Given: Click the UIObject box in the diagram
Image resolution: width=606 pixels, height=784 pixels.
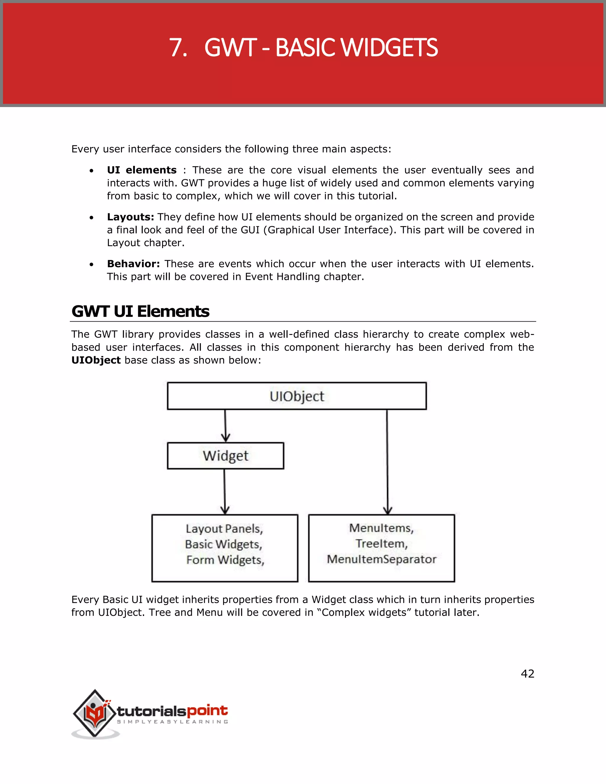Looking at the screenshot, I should point(296,396).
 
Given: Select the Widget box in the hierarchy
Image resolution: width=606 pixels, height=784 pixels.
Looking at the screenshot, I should point(225,456).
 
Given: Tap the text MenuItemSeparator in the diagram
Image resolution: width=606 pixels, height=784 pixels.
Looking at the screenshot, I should point(381,559).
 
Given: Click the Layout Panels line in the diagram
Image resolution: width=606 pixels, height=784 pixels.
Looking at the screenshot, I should point(224,528).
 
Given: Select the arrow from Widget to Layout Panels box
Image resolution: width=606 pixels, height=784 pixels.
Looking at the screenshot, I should point(225,492).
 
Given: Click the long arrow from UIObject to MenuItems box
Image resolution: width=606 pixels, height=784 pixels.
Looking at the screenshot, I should point(387,463).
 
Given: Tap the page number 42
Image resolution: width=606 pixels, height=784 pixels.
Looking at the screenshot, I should point(527,673).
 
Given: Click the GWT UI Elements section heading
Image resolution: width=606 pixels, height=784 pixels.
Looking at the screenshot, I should point(140,311).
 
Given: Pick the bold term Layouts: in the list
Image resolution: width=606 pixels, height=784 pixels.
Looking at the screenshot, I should point(130,217).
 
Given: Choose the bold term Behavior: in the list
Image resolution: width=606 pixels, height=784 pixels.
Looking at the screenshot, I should point(133,264).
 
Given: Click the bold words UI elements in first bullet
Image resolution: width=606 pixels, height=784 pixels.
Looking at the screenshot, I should point(141,170).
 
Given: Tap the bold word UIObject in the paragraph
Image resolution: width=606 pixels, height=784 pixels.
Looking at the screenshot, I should point(96,360).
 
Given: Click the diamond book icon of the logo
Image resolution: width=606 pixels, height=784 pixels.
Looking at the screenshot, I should point(94,714).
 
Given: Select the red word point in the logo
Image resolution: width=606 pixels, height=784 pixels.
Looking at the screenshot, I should point(207,710).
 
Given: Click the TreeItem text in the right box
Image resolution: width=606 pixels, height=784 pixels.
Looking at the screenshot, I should point(381,543).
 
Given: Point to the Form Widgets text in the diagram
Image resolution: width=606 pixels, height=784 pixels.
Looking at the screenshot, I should point(225,560).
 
